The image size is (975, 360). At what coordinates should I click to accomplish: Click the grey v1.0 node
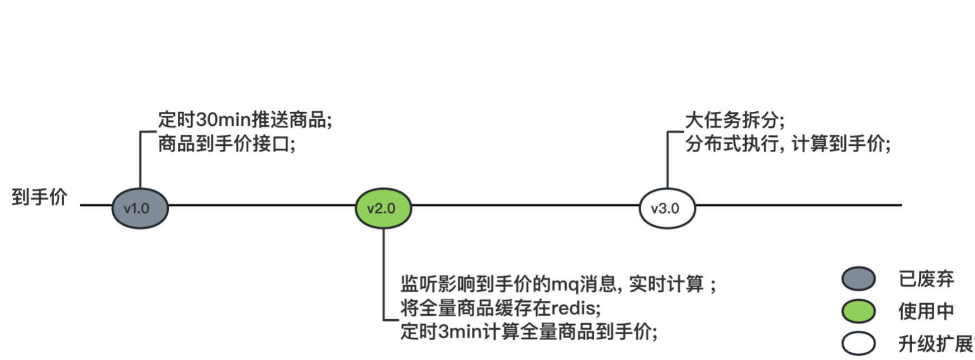pyautogui.click(x=140, y=209)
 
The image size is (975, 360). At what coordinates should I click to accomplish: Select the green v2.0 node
pyautogui.click(x=384, y=209)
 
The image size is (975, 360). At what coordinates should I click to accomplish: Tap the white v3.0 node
pyautogui.click(x=667, y=209)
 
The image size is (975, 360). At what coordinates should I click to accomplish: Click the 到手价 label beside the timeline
pyautogui.click(x=39, y=197)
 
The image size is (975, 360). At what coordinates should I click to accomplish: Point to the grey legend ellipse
pyautogui.click(x=858, y=279)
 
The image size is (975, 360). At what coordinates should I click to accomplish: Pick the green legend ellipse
pyautogui.click(x=858, y=311)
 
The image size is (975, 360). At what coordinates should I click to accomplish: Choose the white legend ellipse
pyautogui.click(x=858, y=344)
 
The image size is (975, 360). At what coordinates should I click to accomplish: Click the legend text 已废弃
pyautogui.click(x=926, y=279)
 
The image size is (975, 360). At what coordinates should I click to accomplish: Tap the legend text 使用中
pyautogui.click(x=926, y=311)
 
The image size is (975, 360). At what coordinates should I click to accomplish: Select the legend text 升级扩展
pyautogui.click(x=935, y=344)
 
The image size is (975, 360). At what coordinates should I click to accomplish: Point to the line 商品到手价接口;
pyautogui.click(x=226, y=144)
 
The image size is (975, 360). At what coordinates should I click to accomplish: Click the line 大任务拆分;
pyautogui.click(x=735, y=120)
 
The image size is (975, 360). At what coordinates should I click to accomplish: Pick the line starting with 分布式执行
pyautogui.click(x=788, y=144)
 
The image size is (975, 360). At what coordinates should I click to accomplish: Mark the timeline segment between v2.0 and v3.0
pyautogui.click(x=526, y=205)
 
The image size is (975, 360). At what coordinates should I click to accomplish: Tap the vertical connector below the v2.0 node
pyautogui.click(x=384, y=274)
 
